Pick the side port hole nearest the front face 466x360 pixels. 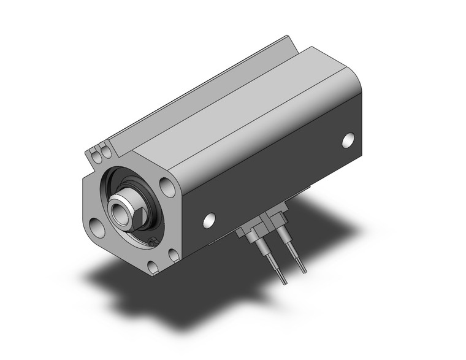click(210, 218)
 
